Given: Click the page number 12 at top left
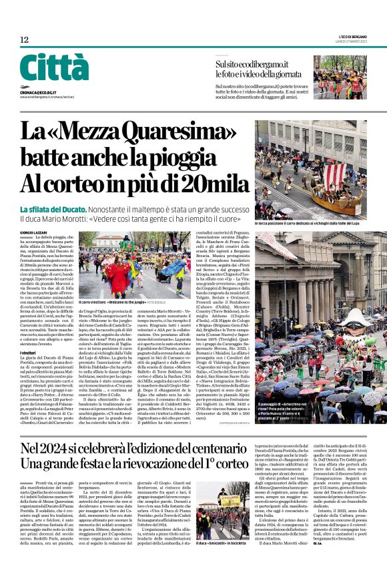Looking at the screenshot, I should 24,40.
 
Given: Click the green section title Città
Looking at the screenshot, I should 54,68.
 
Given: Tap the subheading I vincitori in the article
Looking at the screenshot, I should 29,352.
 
